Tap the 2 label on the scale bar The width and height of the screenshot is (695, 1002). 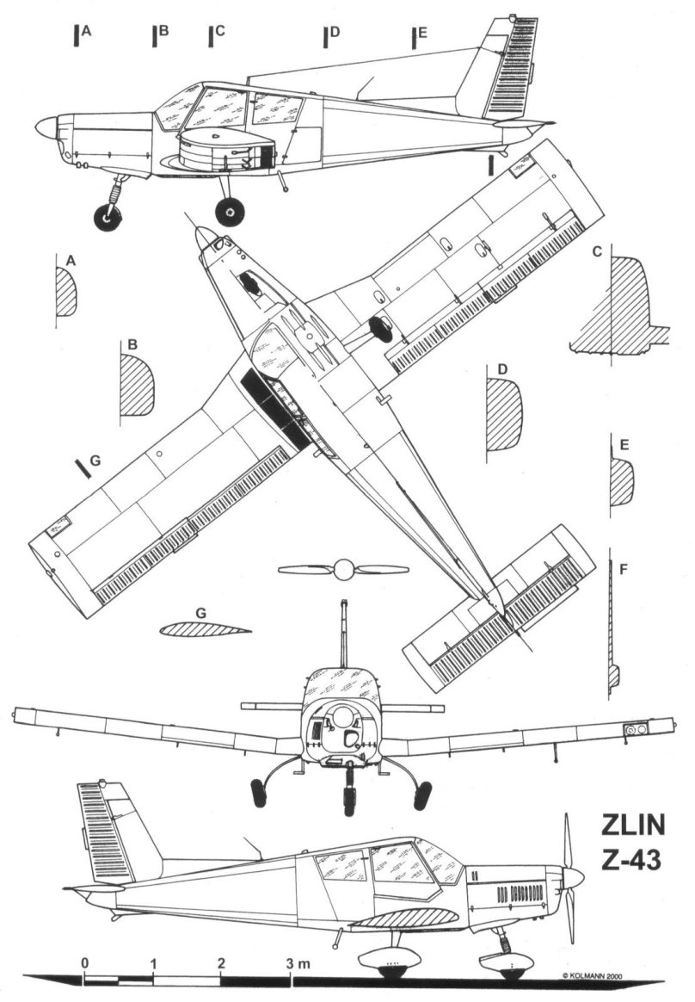pyautogui.click(x=222, y=962)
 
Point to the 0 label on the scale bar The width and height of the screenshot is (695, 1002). pyautogui.click(x=84, y=962)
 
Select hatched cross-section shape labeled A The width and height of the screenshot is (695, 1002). pyautogui.click(x=66, y=292)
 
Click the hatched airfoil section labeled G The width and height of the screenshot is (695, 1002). pyautogui.click(x=203, y=628)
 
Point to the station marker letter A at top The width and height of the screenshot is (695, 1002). pyautogui.click(x=87, y=31)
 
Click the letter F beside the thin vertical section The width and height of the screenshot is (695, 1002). pyautogui.click(x=623, y=568)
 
